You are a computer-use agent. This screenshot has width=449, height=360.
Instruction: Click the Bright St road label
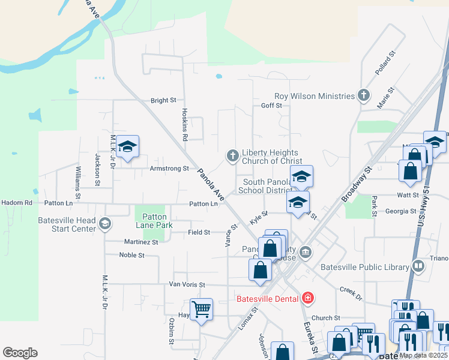click(x=163, y=100)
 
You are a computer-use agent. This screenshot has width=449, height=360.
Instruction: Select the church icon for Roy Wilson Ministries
click(x=363, y=95)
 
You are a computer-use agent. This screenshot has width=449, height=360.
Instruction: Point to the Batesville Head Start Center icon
click(x=105, y=224)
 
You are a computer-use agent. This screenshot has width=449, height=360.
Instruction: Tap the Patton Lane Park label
click(x=154, y=221)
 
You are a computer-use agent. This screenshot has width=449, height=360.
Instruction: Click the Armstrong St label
click(x=169, y=169)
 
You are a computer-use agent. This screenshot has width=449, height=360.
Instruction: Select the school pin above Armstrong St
click(x=127, y=147)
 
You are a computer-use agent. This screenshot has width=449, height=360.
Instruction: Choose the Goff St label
click(x=271, y=106)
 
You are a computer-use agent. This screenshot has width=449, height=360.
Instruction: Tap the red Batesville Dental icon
click(x=307, y=298)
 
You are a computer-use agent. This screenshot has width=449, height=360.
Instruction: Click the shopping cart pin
click(x=201, y=309)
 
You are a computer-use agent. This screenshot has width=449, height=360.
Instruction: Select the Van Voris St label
click(x=187, y=284)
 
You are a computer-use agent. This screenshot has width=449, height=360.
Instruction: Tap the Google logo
click(x=20, y=352)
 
